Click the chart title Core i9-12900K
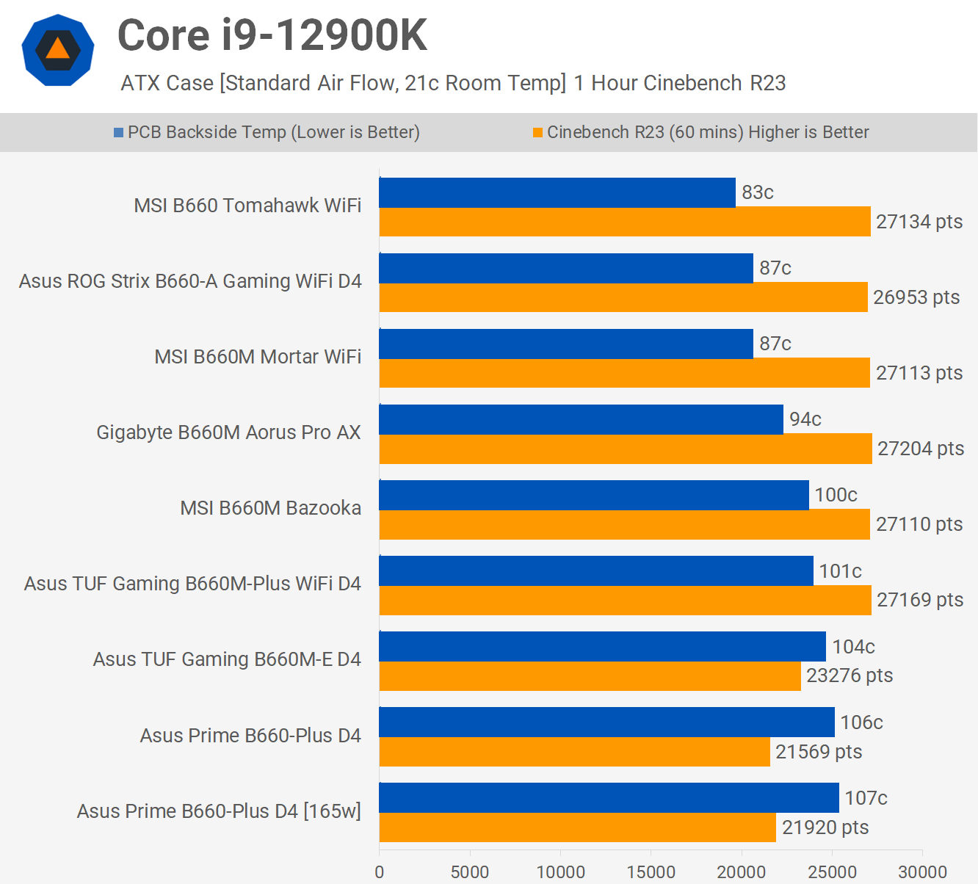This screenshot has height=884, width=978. [x=272, y=35]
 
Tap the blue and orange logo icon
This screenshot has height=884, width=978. [x=58, y=50]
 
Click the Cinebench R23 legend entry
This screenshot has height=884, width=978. [x=701, y=132]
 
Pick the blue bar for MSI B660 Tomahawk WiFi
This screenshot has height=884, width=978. [x=557, y=192]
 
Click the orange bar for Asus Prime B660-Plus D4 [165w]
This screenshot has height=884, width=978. [x=577, y=827]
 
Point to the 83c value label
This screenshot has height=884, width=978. [x=757, y=192]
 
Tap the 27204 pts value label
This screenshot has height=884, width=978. [x=920, y=449]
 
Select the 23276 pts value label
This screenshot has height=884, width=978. [x=850, y=675]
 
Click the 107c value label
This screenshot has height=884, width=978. [x=866, y=798]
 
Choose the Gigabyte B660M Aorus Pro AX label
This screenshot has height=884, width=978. [x=228, y=432]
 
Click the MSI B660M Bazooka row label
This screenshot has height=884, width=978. [x=270, y=508]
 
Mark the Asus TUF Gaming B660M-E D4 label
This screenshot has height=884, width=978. [x=226, y=659]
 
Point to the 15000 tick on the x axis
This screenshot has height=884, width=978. [x=651, y=872]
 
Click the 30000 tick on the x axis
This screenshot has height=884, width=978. [x=922, y=872]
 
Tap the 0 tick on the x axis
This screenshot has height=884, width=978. [x=380, y=872]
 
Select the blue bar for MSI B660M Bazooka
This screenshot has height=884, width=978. [x=594, y=495]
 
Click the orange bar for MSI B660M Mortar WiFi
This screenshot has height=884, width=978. [x=624, y=373]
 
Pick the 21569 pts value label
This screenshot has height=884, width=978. [x=819, y=752]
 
